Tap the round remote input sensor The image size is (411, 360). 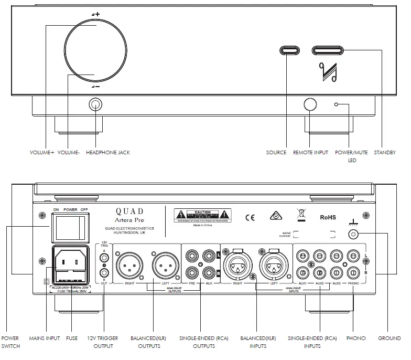(x=309, y=104)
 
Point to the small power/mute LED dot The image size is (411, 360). (x=337, y=104)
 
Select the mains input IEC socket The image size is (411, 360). (x=70, y=260)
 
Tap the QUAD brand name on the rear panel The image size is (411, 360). (x=129, y=211)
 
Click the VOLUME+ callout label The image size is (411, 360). (x=42, y=153)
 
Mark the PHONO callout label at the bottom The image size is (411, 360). (x=356, y=338)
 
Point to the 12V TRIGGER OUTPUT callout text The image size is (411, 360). (x=103, y=342)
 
